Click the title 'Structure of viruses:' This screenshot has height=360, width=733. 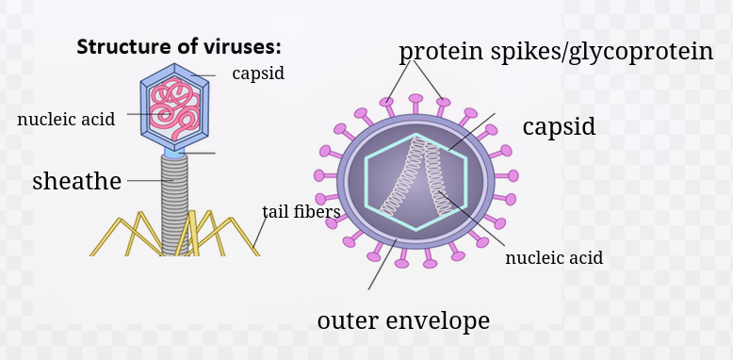179,47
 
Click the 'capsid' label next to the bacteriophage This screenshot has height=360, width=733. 258,74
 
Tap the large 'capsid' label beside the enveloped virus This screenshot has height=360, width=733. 559,126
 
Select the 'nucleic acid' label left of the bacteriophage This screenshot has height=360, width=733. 66,120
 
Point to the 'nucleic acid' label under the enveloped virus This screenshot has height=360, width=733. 554,257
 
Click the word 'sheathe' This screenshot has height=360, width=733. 76,180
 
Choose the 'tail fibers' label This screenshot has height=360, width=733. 301,211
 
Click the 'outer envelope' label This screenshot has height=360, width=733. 403,320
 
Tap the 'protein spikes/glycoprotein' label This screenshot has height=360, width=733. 556,52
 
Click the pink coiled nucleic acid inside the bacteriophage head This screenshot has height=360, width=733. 175,108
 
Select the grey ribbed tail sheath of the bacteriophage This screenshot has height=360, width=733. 174,205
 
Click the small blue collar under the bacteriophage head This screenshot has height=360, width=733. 174,153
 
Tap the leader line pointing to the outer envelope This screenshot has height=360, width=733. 383,265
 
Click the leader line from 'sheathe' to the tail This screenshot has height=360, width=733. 150,180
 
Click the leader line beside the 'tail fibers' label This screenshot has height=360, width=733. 260,232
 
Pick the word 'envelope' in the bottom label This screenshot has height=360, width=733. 438,320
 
